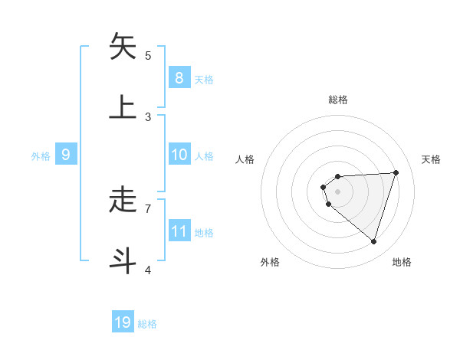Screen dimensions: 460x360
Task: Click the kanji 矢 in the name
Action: (x=123, y=47)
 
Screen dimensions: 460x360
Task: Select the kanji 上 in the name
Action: (x=123, y=106)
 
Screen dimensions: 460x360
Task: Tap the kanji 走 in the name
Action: (x=123, y=200)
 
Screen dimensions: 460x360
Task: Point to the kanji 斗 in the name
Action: (x=123, y=260)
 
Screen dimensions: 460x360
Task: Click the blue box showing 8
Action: (x=179, y=77)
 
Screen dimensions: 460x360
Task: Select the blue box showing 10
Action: (x=179, y=155)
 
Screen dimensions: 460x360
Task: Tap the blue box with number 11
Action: (x=179, y=231)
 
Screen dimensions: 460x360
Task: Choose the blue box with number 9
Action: (x=66, y=155)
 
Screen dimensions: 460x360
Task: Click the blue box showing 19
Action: (x=123, y=322)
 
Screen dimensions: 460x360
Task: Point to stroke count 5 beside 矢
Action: (x=148, y=55)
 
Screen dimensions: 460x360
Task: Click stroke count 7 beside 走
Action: (x=148, y=208)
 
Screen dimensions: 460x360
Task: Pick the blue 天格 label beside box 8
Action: (x=204, y=79)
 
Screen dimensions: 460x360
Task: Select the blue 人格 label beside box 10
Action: (x=204, y=155)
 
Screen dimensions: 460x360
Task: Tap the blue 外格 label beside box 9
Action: (x=41, y=155)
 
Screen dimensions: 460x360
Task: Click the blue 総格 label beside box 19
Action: (x=147, y=324)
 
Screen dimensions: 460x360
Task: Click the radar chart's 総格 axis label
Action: (x=338, y=100)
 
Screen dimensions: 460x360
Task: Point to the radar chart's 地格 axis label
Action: (x=402, y=262)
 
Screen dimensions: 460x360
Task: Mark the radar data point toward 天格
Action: (x=396, y=172)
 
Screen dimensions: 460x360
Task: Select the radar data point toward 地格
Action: (x=373, y=241)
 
